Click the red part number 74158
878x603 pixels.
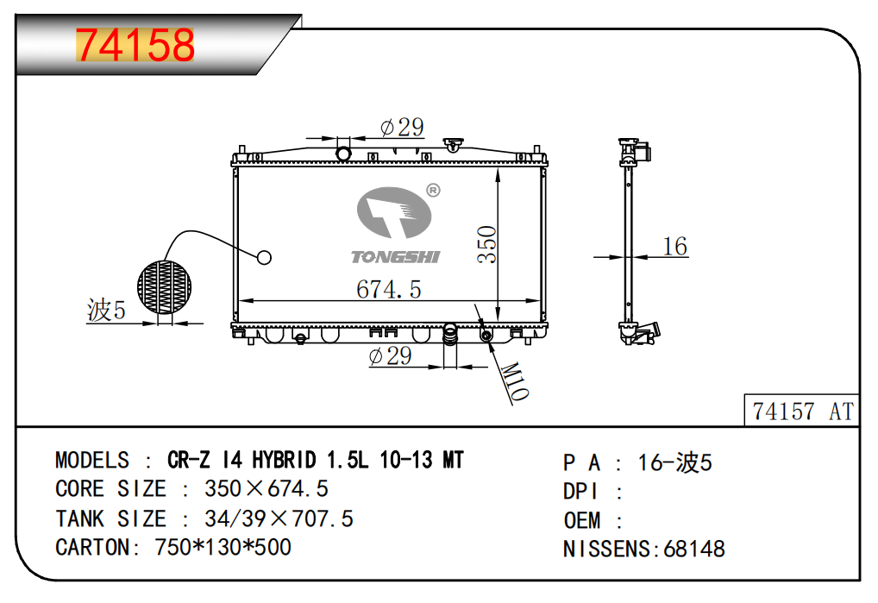(x=135, y=46)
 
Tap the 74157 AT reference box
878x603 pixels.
(x=802, y=411)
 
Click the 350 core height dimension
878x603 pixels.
(x=486, y=244)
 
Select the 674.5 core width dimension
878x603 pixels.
(x=389, y=290)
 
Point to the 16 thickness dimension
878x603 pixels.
(x=674, y=247)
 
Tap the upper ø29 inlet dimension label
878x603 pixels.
(x=402, y=127)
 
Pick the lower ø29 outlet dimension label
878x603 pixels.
(x=391, y=355)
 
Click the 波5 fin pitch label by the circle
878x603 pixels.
(x=106, y=310)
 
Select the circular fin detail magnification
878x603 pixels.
(x=164, y=287)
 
